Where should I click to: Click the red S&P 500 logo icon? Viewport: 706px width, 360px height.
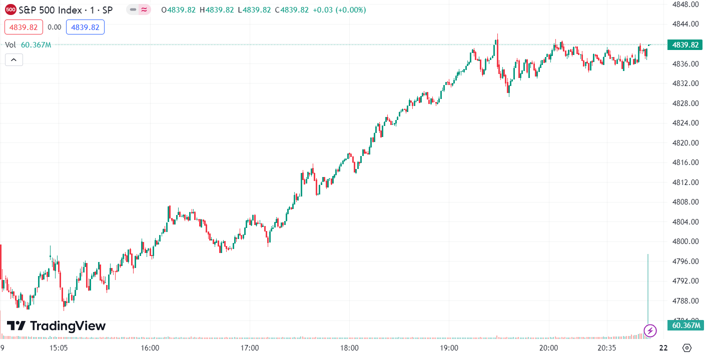coord(11,9)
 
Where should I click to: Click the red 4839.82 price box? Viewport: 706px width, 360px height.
coord(24,27)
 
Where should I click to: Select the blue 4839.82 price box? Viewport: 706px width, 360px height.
coord(85,27)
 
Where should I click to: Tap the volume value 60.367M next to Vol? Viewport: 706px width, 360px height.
coord(36,45)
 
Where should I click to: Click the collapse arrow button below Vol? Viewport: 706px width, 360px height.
coord(14,60)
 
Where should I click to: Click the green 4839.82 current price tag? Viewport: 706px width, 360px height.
coord(685,45)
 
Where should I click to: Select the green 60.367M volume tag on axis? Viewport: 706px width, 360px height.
coord(685,325)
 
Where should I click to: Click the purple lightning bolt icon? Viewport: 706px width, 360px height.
coord(649,330)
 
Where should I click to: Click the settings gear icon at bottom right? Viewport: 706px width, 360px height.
coord(687,348)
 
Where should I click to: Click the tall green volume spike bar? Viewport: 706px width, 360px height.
coord(648,290)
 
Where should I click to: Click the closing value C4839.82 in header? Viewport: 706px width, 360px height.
coord(292,9)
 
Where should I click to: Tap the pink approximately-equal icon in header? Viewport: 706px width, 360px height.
coord(145,9)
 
